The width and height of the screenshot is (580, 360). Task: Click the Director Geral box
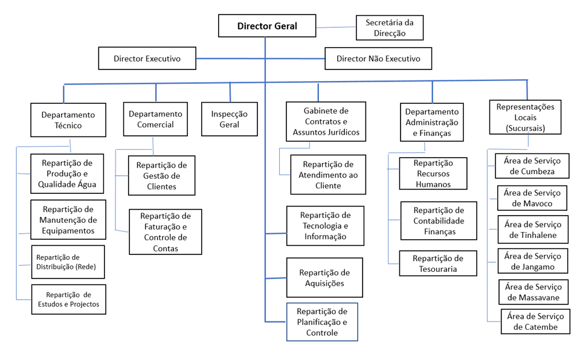coord(267,27)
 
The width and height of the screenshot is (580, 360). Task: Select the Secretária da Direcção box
coord(389,28)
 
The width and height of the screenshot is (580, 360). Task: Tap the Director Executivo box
coord(147,59)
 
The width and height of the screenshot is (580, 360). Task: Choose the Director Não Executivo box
coord(378,59)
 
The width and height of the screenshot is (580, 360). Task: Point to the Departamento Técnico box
coord(68,120)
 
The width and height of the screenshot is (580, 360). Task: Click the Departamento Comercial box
coord(156,119)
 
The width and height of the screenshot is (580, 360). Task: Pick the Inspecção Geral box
coord(229,119)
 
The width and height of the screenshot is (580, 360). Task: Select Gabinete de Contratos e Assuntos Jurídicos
coord(326,121)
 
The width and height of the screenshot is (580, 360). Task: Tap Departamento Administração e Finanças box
coord(432,122)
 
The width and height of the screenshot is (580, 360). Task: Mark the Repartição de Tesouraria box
coord(439,263)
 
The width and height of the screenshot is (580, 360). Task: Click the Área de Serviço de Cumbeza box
coord(532,166)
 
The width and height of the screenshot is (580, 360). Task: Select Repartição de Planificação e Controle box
coord(322,322)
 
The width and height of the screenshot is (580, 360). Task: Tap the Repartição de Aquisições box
coord(325,278)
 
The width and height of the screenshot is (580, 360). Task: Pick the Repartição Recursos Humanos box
coord(433,174)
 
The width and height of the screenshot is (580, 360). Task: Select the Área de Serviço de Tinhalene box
coord(533,230)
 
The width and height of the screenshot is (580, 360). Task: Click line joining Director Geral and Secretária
coord(335,27)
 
